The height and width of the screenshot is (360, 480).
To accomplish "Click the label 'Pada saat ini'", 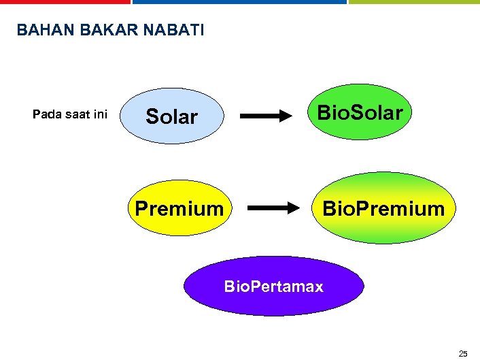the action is (x=70, y=114).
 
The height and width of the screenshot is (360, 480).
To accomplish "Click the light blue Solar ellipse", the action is (x=172, y=116).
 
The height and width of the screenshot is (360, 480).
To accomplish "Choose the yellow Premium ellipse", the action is (x=179, y=208).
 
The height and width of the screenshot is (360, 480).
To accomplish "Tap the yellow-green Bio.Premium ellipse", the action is (x=383, y=208).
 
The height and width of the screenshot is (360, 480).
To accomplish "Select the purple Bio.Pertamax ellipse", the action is (x=273, y=286).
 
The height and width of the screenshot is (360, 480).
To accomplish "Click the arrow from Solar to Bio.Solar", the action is (x=265, y=116).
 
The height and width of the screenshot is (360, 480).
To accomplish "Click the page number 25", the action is (x=463, y=353).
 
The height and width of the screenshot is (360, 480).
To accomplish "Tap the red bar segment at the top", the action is (x=65, y=2).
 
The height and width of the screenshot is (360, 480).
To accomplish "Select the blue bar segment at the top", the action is (x=239, y=2).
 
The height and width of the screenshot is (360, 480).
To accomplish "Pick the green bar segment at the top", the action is (x=414, y=2).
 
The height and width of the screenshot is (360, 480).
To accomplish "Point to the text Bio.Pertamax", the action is (x=273, y=286).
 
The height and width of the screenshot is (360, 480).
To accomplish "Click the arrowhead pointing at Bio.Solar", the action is (x=284, y=116).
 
